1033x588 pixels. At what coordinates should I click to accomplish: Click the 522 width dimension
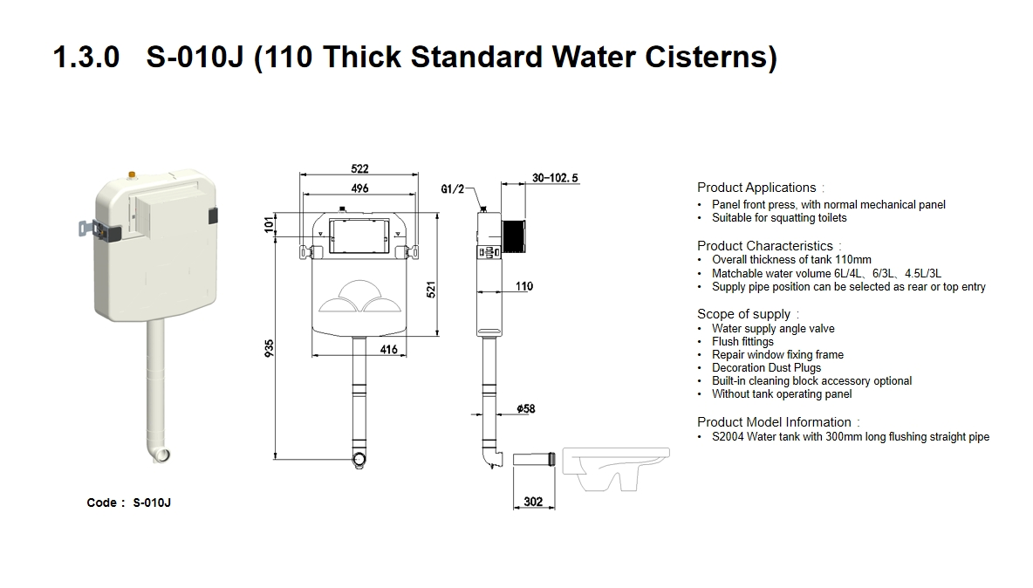(359, 168)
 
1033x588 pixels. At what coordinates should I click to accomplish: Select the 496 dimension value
(359, 188)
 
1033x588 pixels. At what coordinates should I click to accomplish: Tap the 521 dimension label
(430, 291)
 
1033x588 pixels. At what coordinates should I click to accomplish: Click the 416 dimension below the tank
(388, 350)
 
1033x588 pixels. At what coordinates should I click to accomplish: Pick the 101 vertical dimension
(270, 225)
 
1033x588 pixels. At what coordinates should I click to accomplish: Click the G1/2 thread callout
(453, 188)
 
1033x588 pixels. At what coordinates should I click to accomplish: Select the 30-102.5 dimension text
(555, 178)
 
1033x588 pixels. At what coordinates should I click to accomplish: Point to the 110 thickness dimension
(523, 286)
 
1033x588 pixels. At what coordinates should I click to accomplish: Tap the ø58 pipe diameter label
(525, 408)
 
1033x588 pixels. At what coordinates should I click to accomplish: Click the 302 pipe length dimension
(533, 501)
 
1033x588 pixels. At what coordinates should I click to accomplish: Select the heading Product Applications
(756, 188)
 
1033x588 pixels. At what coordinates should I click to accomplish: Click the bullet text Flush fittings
(742, 342)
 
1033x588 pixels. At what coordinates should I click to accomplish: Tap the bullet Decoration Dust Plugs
(766, 368)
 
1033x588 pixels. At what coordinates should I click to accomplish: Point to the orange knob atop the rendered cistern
(132, 174)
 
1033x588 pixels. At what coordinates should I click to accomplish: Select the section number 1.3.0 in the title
(86, 58)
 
